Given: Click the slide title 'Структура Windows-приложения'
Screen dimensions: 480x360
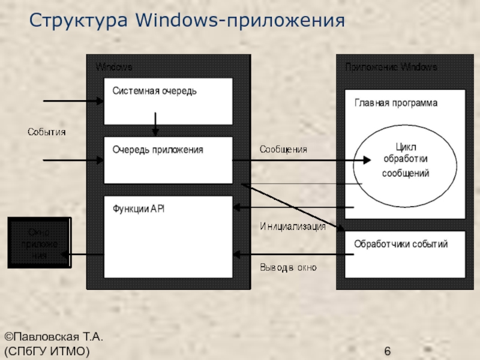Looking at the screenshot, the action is [x=187, y=20].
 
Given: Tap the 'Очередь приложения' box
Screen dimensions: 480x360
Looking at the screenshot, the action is [x=168, y=160].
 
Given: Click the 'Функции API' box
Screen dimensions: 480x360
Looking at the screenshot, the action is [x=168, y=237].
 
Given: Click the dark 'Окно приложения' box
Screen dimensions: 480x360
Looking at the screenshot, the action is [x=38, y=243].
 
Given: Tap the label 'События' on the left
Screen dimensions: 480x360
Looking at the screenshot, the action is [x=46, y=131].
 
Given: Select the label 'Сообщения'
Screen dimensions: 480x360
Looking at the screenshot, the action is [x=283, y=149].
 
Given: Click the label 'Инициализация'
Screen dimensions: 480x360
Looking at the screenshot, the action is [x=293, y=226].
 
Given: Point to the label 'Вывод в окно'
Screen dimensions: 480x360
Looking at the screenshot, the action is [x=288, y=267].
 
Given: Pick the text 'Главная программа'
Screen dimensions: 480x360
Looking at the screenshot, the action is [x=395, y=103].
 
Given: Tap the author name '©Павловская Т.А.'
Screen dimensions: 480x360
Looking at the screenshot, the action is [x=49, y=338].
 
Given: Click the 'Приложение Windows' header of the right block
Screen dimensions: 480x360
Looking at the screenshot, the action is [x=391, y=67].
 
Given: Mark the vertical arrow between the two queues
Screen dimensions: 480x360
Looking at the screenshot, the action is [x=155, y=123].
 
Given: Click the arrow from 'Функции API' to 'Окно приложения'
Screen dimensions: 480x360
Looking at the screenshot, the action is [x=84, y=256].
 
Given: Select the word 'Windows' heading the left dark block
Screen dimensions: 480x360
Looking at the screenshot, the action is [x=114, y=67].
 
